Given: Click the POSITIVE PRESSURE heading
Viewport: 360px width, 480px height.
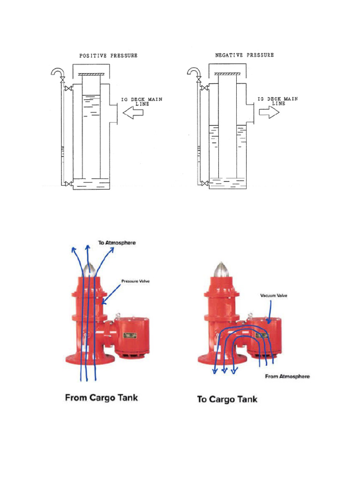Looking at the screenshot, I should tap(108, 55).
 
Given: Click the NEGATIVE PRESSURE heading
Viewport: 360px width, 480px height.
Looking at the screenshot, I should tap(244, 55).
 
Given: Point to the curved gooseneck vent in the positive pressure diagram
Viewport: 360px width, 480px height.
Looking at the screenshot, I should tap(59, 72).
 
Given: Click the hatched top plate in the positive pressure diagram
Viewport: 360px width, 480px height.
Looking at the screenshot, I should tap(91, 74).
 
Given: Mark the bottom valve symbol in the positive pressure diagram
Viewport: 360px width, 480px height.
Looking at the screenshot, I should tap(69, 183).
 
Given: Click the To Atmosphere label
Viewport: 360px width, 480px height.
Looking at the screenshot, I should tap(117, 243).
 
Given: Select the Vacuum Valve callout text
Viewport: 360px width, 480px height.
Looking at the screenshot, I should tap(273, 296).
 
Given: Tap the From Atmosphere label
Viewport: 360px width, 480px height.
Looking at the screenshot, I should tap(287, 376).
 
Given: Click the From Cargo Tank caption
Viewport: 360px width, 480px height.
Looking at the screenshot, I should tap(101, 398).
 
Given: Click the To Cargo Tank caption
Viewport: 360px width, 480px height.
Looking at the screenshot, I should tap(227, 399).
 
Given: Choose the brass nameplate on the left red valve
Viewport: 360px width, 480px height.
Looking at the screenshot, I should tap(128, 335).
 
